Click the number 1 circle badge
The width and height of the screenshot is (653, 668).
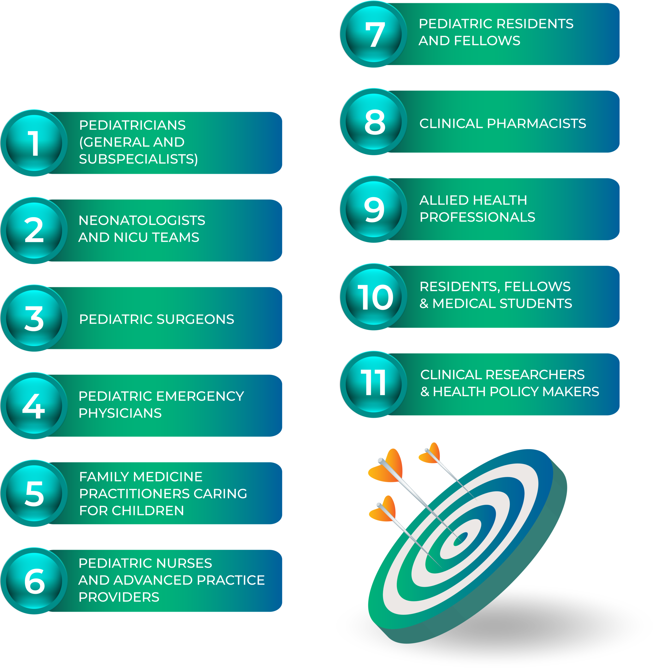[34, 143]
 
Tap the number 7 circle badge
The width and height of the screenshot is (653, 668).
[373, 34]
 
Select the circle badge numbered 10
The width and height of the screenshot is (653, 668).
[373, 297]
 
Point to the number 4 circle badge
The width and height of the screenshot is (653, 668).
[34, 406]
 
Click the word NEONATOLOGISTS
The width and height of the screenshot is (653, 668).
[142, 220]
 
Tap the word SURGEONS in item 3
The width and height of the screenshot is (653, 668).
[195, 319]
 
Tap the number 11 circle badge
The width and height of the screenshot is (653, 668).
[373, 384]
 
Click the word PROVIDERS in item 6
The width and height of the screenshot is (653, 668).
[119, 597]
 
